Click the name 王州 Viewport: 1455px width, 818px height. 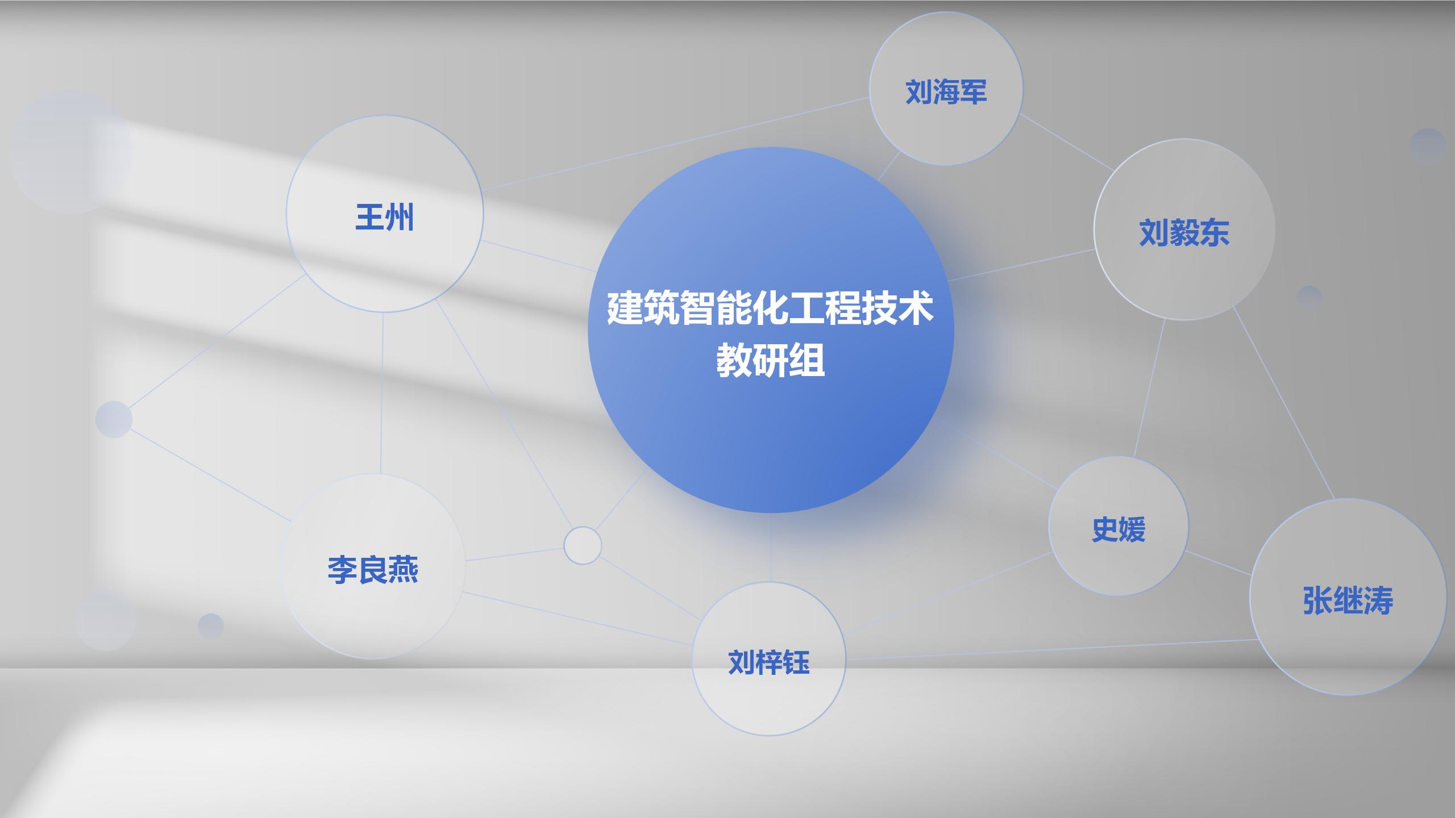pyautogui.click(x=385, y=218)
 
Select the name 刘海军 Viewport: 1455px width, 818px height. pyautogui.click(x=946, y=92)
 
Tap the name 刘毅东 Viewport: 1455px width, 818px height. pyautogui.click(x=1184, y=233)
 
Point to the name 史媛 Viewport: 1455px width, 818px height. pyautogui.click(x=1118, y=529)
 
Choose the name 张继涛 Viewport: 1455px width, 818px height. pyautogui.click(x=1348, y=601)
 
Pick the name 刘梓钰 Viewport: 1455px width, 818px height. pyautogui.click(x=768, y=662)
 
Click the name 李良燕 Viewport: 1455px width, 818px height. pyautogui.click(x=373, y=570)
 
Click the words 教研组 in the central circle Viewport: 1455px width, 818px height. pyautogui.click(x=770, y=361)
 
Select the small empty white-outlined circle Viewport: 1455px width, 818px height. pyautogui.click(x=583, y=545)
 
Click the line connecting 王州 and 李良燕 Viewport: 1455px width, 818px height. pyautogui.click(x=381, y=392)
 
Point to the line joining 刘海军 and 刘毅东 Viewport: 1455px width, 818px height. pyautogui.click(x=1067, y=142)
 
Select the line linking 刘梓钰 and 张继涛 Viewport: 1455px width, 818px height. pyautogui.click(x=1051, y=649)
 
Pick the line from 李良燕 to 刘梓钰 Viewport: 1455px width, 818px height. pyautogui.click(x=577, y=619)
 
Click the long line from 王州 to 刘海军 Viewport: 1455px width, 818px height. pyautogui.click(x=676, y=143)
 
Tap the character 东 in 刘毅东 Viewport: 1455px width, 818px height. pyautogui.click(x=1215, y=233)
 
